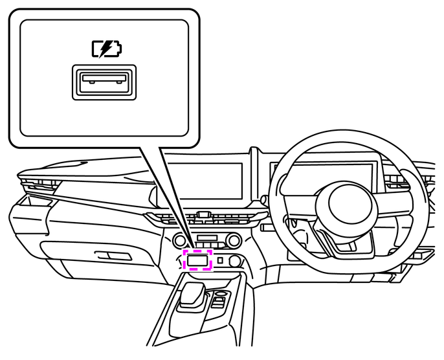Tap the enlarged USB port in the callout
tap(104, 83)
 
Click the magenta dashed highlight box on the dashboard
tap(198, 260)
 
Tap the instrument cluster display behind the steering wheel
tap(324, 170)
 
